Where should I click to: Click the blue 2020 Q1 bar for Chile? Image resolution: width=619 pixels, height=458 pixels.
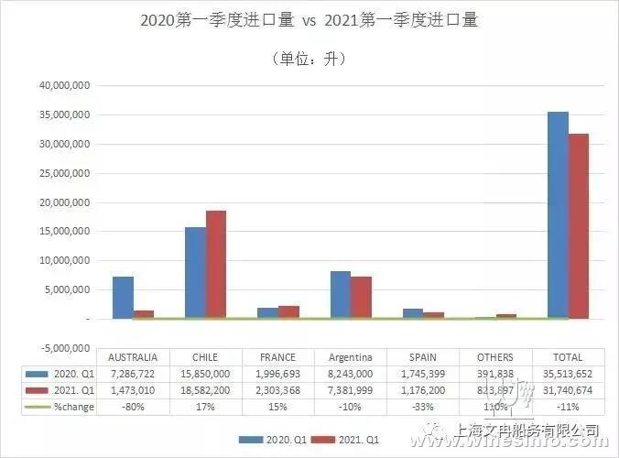click(x=195, y=272)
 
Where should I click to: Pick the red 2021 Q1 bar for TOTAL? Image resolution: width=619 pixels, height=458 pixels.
click(x=579, y=225)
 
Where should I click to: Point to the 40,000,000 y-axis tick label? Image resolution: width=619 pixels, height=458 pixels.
click(x=63, y=85)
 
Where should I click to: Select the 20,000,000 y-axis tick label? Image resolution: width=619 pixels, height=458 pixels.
click(x=63, y=202)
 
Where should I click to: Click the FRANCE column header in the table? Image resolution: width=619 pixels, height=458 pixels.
click(x=278, y=357)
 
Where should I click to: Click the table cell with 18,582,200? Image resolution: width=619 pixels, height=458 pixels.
click(x=205, y=390)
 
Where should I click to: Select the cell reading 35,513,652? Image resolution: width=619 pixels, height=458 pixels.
click(x=566, y=375)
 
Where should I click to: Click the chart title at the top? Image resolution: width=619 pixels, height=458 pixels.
click(x=309, y=19)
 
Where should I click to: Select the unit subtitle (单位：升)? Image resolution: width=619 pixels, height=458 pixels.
click(x=309, y=58)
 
